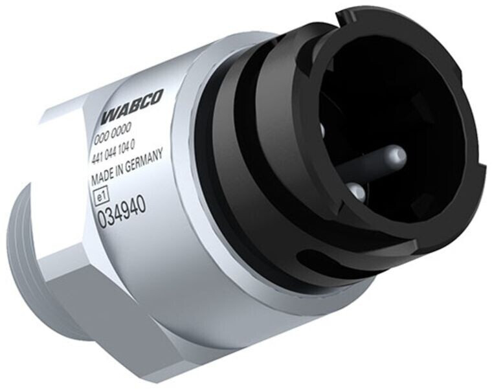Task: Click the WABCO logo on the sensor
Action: click(132, 107)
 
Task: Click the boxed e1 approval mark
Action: click(102, 196)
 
